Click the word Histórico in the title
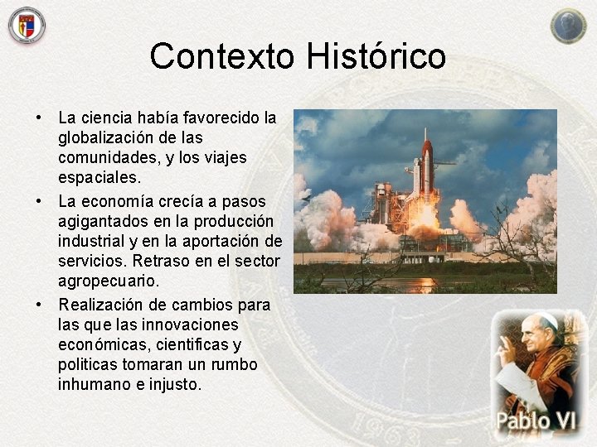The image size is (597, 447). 376,57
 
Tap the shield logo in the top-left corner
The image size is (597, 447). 27,25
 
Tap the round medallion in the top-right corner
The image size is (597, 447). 568,25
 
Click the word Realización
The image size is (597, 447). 101,305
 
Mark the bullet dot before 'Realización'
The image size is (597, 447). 38,305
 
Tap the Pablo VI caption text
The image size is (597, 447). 535,421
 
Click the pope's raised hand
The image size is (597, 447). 506,352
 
